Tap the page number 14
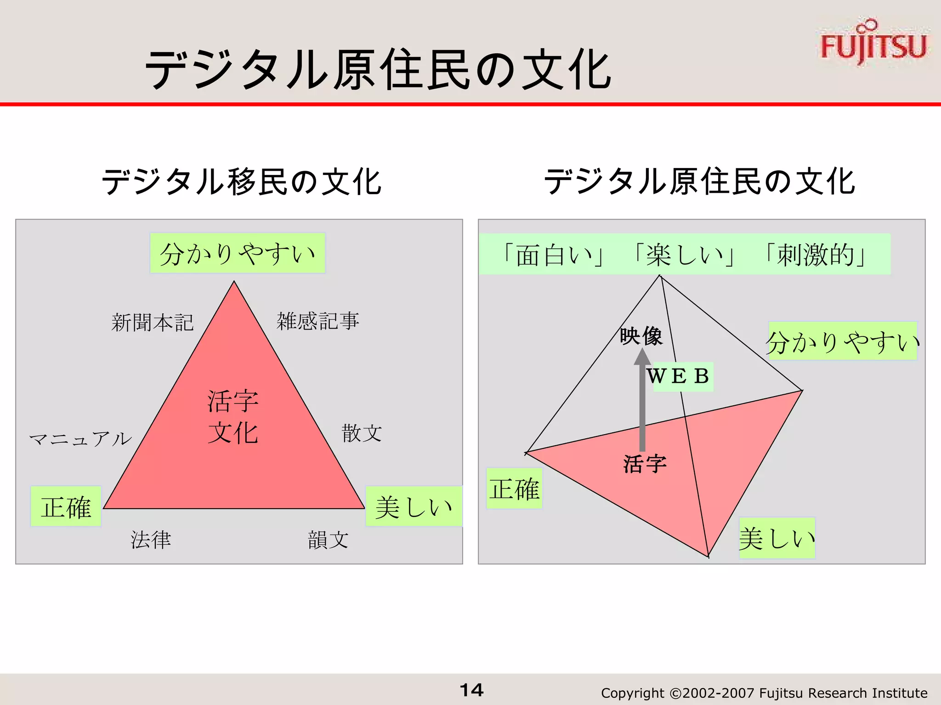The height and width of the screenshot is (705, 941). tap(471, 690)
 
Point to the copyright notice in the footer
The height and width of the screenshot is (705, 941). tap(764, 693)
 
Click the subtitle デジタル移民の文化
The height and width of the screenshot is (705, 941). tap(241, 182)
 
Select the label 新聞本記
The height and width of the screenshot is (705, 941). tap(153, 322)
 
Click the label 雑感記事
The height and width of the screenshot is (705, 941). tap(317, 321)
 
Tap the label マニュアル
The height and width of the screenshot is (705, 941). tap(80, 439)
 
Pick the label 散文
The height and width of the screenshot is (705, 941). tap(362, 433)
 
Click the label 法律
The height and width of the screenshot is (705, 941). tap(151, 540)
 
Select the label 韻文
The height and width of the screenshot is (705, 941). tap(328, 540)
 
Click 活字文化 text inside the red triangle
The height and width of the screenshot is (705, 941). tap(233, 417)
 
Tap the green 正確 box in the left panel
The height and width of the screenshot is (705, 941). tap(66, 506)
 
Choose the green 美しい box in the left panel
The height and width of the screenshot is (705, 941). tap(414, 506)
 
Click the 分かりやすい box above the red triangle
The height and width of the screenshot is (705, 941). tap(238, 253)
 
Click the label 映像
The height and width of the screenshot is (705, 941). tap(641, 336)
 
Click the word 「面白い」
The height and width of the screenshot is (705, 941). tap(553, 255)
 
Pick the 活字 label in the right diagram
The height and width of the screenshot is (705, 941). tap(645, 464)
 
